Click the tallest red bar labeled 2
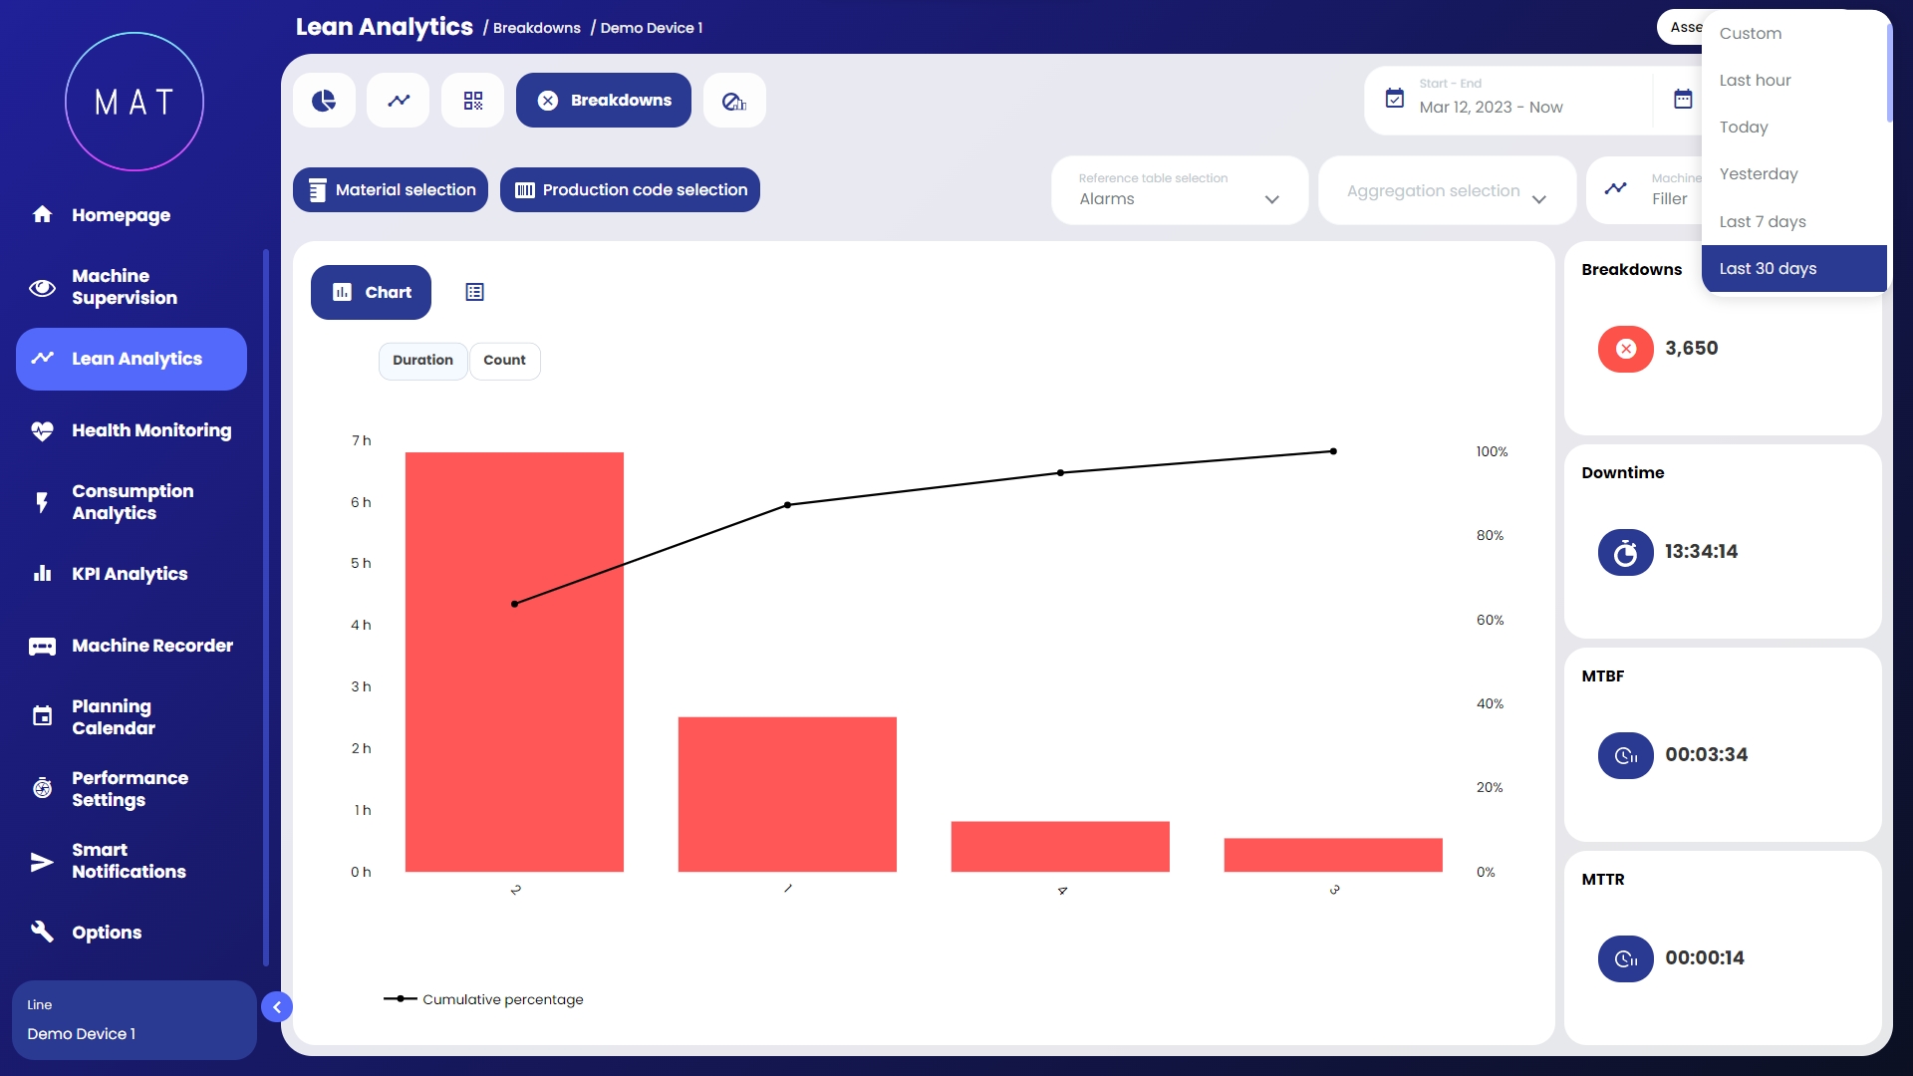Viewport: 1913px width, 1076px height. (514, 662)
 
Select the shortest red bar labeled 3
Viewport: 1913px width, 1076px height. (1332, 855)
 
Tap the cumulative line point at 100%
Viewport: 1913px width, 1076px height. (1333, 451)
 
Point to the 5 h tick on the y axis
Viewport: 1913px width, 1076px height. (361, 564)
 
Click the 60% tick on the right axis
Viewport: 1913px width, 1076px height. (1490, 620)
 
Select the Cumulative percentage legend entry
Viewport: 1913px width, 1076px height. (484, 999)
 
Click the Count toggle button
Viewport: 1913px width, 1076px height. (504, 361)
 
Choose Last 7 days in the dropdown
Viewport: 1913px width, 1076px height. (1762, 221)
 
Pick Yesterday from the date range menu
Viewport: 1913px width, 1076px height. (1758, 174)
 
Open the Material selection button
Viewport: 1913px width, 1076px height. (391, 190)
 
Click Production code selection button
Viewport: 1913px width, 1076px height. (630, 190)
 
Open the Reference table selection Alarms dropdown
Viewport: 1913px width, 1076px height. (1179, 190)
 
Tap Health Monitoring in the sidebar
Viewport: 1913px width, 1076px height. (150, 430)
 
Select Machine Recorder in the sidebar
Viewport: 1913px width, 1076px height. (151, 646)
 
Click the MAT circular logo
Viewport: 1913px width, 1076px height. (135, 102)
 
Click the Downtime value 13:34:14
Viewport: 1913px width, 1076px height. (1701, 552)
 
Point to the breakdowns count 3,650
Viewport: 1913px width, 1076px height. (1691, 349)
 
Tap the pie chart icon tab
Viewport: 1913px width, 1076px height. (324, 101)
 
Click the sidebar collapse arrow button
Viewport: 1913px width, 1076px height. (277, 1007)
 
